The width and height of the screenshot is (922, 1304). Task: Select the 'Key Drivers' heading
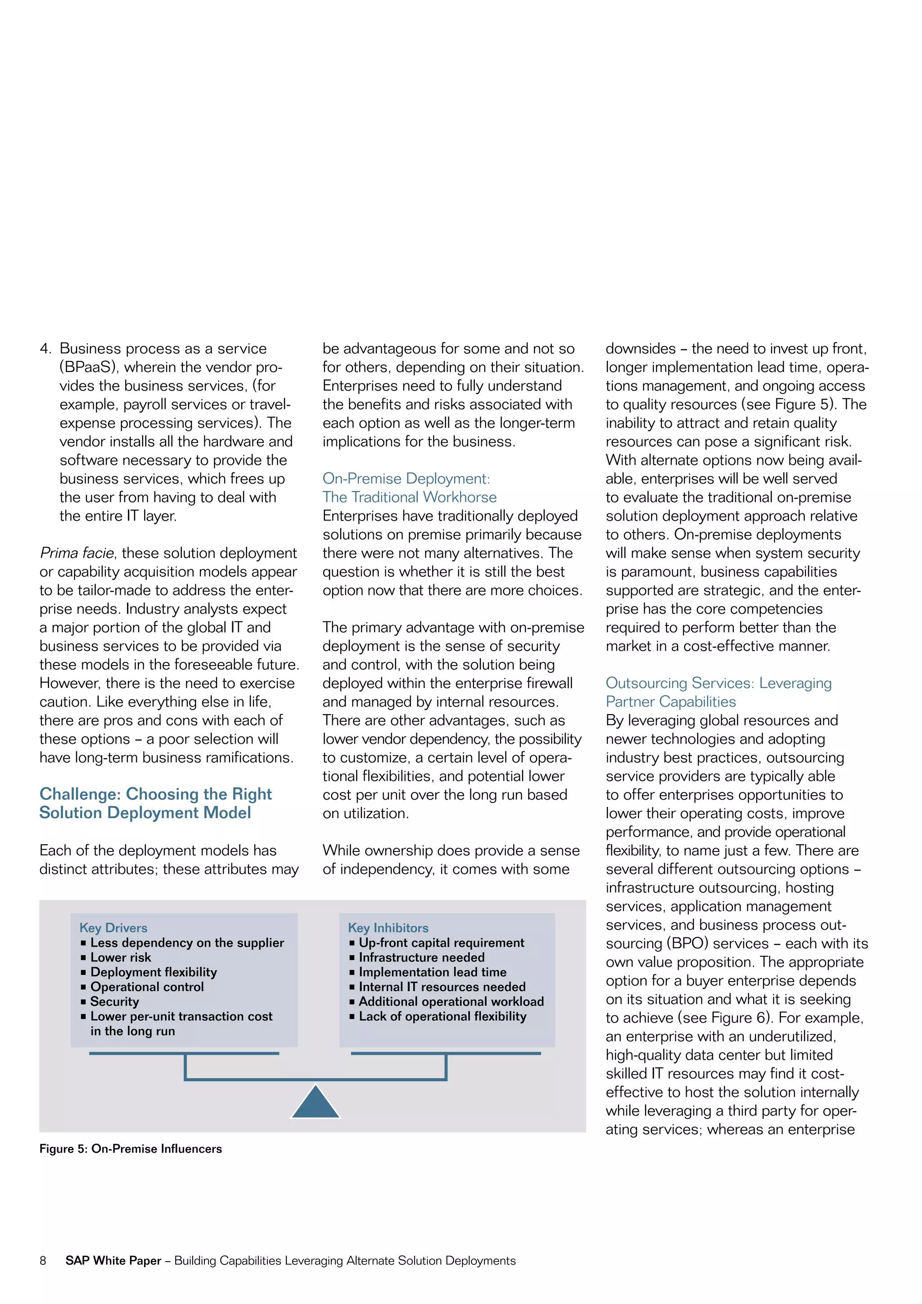point(113,928)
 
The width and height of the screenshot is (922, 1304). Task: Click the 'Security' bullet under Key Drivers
point(114,1002)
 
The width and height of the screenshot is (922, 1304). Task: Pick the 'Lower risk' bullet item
point(120,958)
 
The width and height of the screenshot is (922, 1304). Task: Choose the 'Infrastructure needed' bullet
point(421,958)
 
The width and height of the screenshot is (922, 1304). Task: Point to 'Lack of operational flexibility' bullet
point(442,1017)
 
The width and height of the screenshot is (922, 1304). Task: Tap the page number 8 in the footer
point(43,1261)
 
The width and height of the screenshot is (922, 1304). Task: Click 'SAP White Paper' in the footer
point(113,1261)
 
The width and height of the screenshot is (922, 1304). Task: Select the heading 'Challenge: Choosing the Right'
point(156,794)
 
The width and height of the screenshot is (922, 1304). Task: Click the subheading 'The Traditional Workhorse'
point(409,498)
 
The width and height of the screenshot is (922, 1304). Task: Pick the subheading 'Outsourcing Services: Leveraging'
point(718,683)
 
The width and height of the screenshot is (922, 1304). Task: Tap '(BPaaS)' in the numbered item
point(87,367)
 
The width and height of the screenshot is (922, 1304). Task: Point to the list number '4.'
point(45,349)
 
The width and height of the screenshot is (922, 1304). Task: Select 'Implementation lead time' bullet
point(432,972)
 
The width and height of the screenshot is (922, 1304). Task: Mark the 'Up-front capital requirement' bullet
point(441,943)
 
